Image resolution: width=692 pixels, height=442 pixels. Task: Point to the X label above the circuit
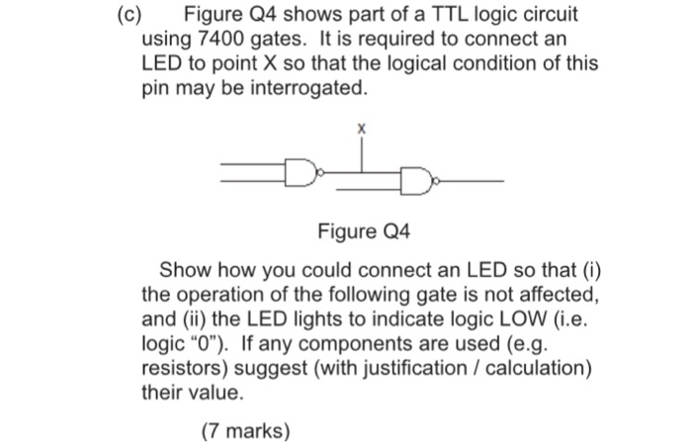[362, 130]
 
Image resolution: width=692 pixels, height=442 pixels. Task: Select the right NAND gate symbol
[417, 182]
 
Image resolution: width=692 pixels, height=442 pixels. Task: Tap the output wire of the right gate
[470, 182]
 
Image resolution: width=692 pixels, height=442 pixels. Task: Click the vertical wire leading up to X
[362, 155]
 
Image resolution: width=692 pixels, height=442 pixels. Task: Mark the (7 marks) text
[246, 430]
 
